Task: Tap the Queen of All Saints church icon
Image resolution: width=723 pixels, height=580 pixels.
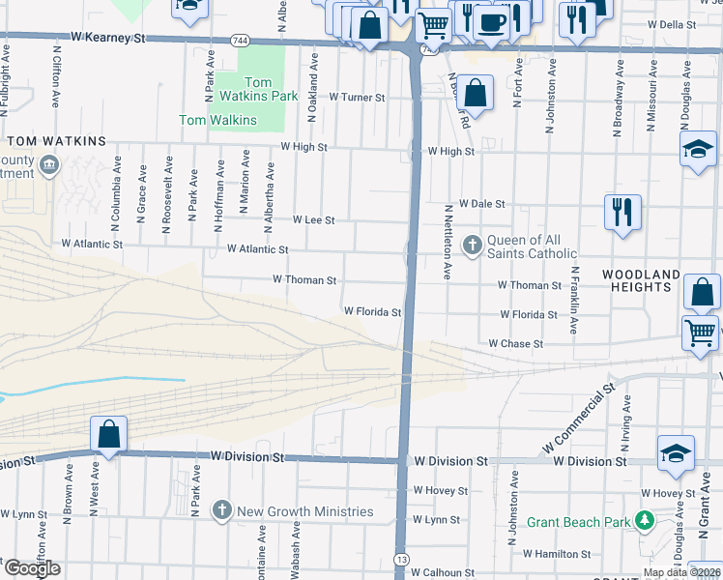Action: pyautogui.click(x=473, y=246)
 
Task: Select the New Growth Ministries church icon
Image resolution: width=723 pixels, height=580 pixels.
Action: pyautogui.click(x=222, y=510)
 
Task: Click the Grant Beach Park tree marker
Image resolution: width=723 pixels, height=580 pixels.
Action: pyautogui.click(x=644, y=522)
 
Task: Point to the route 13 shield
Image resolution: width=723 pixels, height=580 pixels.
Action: pyautogui.click(x=401, y=560)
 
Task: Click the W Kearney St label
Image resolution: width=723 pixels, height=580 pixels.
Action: pyautogui.click(x=107, y=38)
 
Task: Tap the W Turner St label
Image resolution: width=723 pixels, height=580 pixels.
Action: pyautogui.click(x=357, y=98)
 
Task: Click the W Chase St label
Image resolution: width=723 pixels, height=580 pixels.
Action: pyautogui.click(x=515, y=343)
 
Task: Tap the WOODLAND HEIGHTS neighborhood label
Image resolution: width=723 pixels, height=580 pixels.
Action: pyautogui.click(x=642, y=282)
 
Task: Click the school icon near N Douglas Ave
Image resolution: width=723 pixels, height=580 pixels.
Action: pyautogui.click(x=698, y=150)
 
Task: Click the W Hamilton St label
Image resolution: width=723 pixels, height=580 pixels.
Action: pyautogui.click(x=557, y=554)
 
